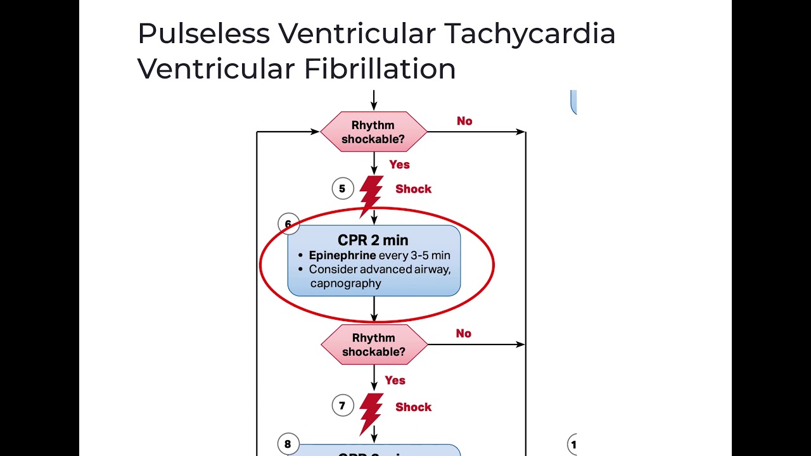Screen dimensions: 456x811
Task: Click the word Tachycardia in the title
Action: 529,34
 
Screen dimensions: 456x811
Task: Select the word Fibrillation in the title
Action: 380,69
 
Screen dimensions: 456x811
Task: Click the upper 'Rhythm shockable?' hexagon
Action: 373,132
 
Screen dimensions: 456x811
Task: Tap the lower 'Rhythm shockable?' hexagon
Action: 374,345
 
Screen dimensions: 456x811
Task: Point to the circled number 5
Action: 342,189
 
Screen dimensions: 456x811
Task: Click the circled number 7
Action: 342,406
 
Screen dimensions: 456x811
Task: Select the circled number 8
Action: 288,444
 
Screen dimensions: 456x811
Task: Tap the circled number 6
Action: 288,224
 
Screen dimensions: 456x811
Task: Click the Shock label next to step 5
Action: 413,189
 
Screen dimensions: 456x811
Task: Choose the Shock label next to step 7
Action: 413,407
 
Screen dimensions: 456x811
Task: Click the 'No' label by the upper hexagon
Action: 464,121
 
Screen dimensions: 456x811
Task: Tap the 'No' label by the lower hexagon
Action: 463,334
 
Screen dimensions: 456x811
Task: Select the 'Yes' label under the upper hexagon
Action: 399,165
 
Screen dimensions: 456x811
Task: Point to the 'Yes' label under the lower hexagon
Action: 395,381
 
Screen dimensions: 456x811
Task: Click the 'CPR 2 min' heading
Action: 373,241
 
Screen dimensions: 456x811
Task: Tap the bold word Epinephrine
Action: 342,256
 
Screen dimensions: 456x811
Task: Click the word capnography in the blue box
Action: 345,283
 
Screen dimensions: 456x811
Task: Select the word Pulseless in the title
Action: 203,34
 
